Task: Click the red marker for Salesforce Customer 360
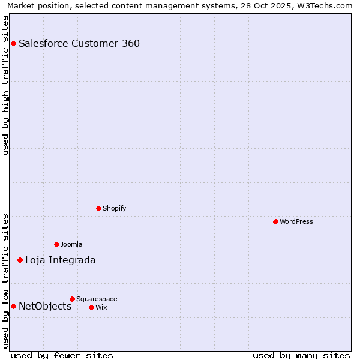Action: coord(13,43)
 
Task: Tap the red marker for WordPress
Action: coord(275,221)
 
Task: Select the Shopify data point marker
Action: coord(98,208)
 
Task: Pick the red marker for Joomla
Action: coord(56,244)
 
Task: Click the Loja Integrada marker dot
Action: coord(20,260)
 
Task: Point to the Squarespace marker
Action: coord(72,299)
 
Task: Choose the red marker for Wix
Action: coord(91,307)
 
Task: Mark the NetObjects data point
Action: coord(13,306)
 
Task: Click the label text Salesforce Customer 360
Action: coord(79,43)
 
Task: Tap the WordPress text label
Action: coord(296,221)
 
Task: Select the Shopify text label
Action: coord(114,208)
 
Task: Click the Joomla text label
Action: coord(71,244)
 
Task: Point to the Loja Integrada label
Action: coord(60,260)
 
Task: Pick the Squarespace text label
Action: coord(97,299)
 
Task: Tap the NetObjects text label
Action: coord(45,306)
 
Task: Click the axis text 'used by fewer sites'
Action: coord(62,355)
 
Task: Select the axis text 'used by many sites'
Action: coord(301,355)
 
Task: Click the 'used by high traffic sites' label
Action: coord(6,85)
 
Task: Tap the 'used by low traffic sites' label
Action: coord(6,280)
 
